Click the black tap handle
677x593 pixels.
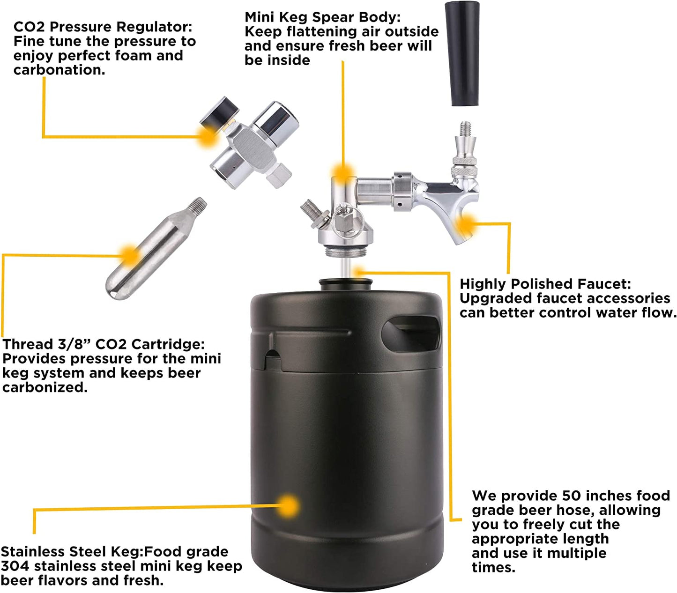(x=462, y=54)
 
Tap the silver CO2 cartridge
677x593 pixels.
(x=156, y=249)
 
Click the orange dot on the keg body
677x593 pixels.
(x=288, y=505)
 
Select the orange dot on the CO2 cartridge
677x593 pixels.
(x=129, y=256)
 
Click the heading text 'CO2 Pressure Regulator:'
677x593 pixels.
(x=103, y=27)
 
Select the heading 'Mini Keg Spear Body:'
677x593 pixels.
(x=322, y=17)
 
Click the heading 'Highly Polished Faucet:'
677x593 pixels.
(x=545, y=284)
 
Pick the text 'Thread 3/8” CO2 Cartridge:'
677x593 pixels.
(x=104, y=344)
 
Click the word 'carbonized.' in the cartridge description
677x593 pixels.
(x=45, y=387)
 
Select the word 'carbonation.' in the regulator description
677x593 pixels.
(x=60, y=70)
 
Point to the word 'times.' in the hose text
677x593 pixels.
(x=493, y=567)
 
